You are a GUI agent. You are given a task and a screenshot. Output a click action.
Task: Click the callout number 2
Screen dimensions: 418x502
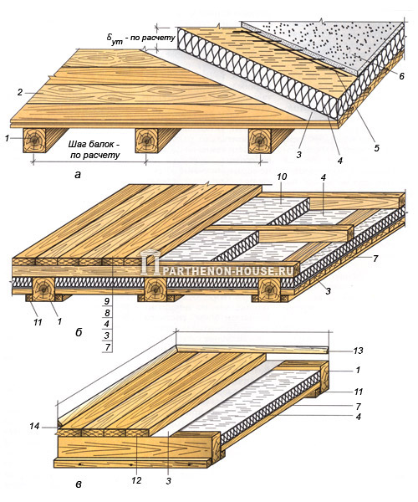pos(20,93)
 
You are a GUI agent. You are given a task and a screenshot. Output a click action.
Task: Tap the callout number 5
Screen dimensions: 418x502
pos(376,147)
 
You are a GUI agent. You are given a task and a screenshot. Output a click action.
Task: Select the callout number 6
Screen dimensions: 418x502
pos(401,76)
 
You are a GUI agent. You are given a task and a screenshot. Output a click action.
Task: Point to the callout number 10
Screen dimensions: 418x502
pos(283,177)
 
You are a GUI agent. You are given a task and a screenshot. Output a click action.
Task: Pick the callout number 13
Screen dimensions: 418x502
pos(358,351)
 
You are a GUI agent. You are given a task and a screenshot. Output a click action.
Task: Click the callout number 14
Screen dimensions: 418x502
pos(34,426)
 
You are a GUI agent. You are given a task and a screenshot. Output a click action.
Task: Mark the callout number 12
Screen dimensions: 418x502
pos(136,480)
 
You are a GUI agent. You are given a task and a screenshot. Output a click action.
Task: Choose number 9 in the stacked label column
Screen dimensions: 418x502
pos(107,301)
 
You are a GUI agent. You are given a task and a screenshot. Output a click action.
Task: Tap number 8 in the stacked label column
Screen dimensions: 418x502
pos(107,312)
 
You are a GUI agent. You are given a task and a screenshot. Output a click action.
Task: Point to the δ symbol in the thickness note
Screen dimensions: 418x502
pos(109,37)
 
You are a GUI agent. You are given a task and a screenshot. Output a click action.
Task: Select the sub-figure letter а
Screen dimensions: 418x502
pos(78,175)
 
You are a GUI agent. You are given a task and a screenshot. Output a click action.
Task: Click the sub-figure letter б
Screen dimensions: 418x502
pos(79,332)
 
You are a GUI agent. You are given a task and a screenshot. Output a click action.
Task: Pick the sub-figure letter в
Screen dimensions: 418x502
pos(79,484)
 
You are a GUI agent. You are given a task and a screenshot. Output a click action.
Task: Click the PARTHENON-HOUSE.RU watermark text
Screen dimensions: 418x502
pos(227,271)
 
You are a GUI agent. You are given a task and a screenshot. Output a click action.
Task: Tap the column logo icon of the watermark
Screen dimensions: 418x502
pos(150,262)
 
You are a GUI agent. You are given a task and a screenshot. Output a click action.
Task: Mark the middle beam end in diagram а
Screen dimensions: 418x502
pos(146,141)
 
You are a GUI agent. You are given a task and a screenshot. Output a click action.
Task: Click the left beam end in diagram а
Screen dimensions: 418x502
pos(34,141)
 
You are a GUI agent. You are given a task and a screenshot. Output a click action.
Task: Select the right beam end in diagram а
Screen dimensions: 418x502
pos(260,141)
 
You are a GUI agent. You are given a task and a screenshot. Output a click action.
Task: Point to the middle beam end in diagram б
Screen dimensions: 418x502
pos(155,289)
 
